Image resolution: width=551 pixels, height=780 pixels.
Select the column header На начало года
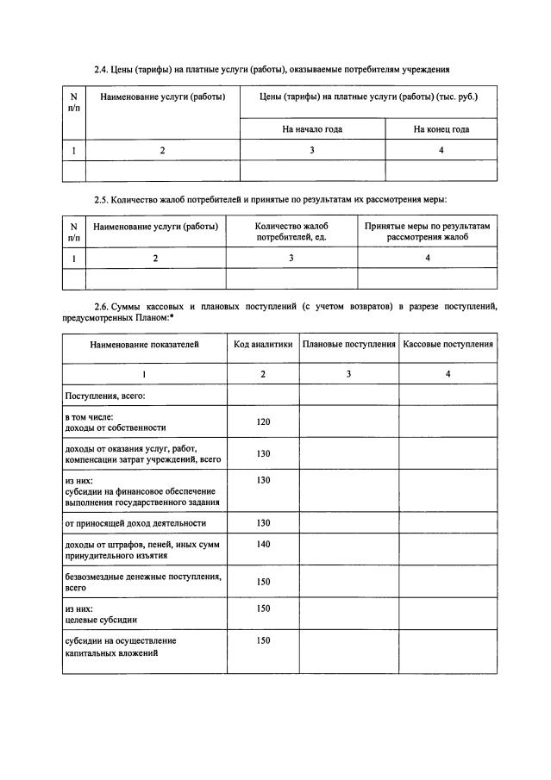312,129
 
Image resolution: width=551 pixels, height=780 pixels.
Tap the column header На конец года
441,129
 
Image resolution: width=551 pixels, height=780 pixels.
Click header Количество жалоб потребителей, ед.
291,231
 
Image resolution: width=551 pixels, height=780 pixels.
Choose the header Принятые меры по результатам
427,231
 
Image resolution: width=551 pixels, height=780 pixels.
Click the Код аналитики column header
263,345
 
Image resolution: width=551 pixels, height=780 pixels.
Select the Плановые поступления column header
348,345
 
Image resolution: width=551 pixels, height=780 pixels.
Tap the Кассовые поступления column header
448,345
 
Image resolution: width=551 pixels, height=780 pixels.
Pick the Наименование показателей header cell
144,345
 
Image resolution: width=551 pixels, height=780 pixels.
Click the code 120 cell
263,421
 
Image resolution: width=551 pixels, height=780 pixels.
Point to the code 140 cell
263,544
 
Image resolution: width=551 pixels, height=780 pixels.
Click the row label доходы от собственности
116,427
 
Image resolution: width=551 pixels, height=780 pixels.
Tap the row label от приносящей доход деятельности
135,523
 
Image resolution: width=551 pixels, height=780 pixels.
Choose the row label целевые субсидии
101,619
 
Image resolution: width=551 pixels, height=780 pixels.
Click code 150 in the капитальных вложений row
263,640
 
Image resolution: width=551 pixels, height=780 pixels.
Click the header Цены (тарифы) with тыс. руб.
367,97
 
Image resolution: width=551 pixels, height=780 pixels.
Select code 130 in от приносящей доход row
263,523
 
